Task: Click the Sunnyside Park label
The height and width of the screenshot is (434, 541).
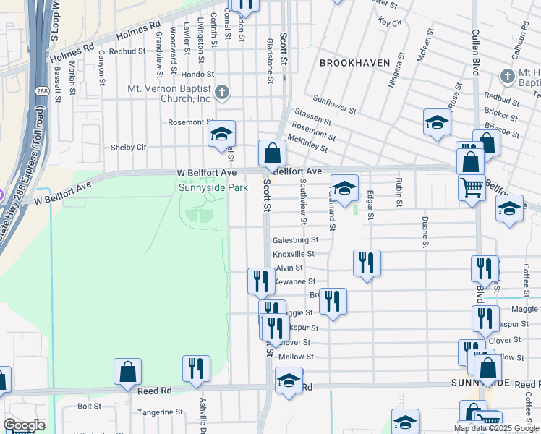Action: click(213, 188)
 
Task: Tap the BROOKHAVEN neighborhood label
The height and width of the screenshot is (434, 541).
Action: click(354, 63)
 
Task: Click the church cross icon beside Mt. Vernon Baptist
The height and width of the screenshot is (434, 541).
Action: click(222, 92)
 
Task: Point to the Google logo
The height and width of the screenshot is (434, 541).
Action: click(24, 425)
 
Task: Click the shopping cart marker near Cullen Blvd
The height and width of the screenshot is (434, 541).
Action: click(472, 188)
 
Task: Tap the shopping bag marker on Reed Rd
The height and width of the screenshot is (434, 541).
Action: click(127, 372)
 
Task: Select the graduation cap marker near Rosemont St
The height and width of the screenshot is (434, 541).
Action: click(222, 134)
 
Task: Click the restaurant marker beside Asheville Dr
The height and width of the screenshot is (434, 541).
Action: click(196, 368)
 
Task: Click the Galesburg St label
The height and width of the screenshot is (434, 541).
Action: click(295, 239)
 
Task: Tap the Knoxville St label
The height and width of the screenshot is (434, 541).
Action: click(294, 254)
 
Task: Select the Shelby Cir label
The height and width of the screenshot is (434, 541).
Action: click(128, 147)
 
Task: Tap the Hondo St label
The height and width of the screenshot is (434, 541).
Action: click(197, 74)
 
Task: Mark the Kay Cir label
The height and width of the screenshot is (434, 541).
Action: click(390, 23)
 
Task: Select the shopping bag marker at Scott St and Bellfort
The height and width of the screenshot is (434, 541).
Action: click(273, 153)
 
